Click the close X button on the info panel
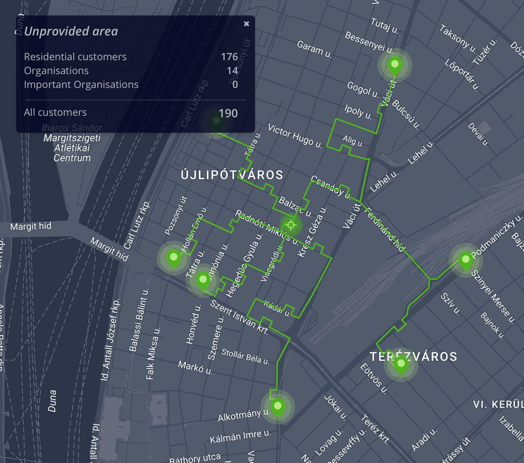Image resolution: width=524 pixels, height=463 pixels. (247, 24)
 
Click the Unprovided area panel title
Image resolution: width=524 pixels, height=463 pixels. (71, 31)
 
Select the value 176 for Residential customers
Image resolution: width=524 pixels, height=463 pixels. (229, 57)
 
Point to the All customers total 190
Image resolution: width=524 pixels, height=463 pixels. (228, 113)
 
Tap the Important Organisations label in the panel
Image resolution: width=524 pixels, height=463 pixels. (81, 84)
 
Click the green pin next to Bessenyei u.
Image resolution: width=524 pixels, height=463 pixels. (395, 65)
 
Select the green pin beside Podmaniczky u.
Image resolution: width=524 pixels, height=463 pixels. (465, 260)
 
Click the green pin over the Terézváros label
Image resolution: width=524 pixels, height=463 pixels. (401, 365)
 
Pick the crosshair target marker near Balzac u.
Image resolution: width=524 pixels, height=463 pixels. (291, 225)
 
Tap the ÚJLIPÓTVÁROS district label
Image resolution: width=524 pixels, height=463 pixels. (232, 175)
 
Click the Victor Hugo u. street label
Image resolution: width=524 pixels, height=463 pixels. (295, 136)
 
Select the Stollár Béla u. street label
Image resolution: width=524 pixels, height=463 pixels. (245, 356)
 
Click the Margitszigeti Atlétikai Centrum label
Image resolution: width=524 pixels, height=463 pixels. (72, 148)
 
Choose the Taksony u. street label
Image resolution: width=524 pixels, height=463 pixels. (458, 38)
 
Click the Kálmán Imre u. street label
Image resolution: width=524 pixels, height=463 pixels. (240, 436)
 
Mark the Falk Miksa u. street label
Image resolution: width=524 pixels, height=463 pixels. (153, 353)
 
